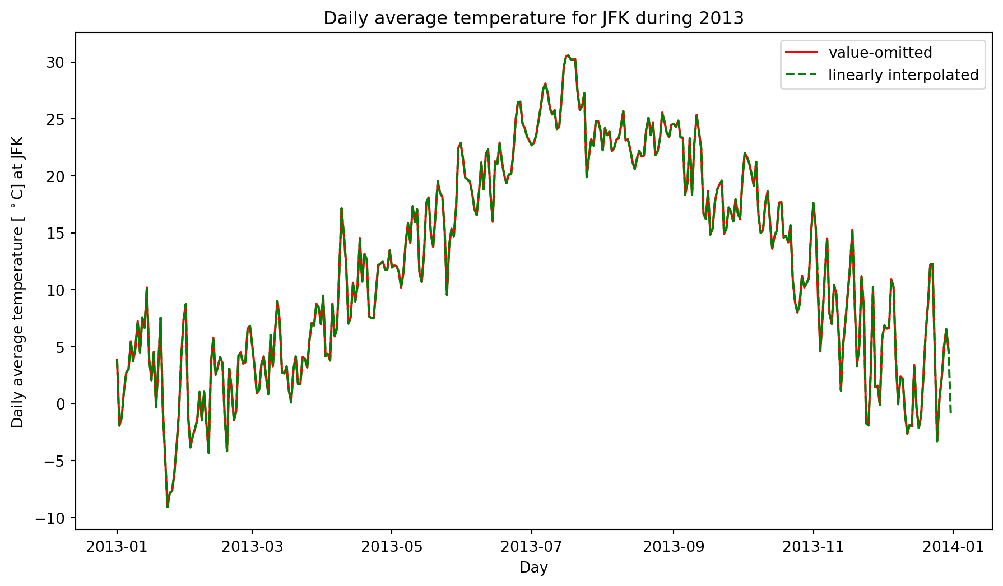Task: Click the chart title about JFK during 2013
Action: (533, 18)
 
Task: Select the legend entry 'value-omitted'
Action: (880, 53)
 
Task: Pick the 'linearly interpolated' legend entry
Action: (903, 75)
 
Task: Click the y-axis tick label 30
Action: (55, 62)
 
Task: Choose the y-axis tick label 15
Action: (55, 233)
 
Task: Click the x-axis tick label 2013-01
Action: (117, 547)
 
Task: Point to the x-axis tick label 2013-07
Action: (531, 547)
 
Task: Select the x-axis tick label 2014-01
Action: (953, 547)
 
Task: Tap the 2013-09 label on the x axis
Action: (673, 547)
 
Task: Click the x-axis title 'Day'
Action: (533, 568)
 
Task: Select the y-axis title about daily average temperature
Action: (18, 281)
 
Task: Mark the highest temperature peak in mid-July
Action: (568, 55)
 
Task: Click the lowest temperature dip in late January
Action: (167, 506)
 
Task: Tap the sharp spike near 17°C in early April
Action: (341, 208)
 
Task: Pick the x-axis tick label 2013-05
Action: (391, 547)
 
